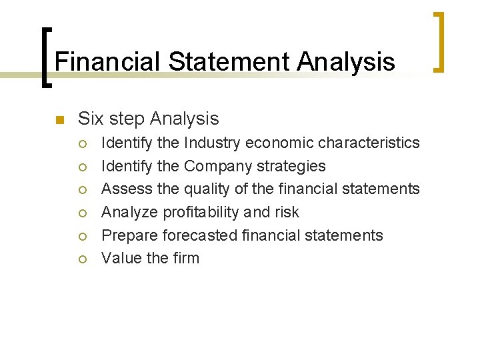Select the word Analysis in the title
click(346, 62)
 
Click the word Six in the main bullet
click(90, 119)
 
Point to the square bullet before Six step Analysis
click(59, 120)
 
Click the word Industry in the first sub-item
click(213, 143)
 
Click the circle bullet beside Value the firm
click(82, 259)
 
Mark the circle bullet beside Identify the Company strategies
click(82, 167)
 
